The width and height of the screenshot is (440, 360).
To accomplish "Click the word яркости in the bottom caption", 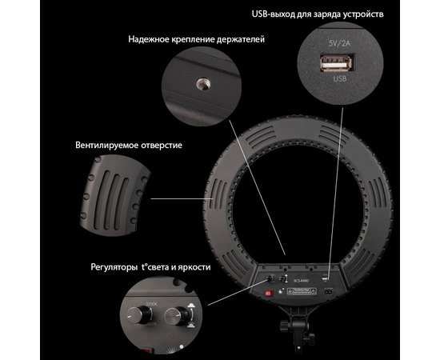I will click(194, 266).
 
